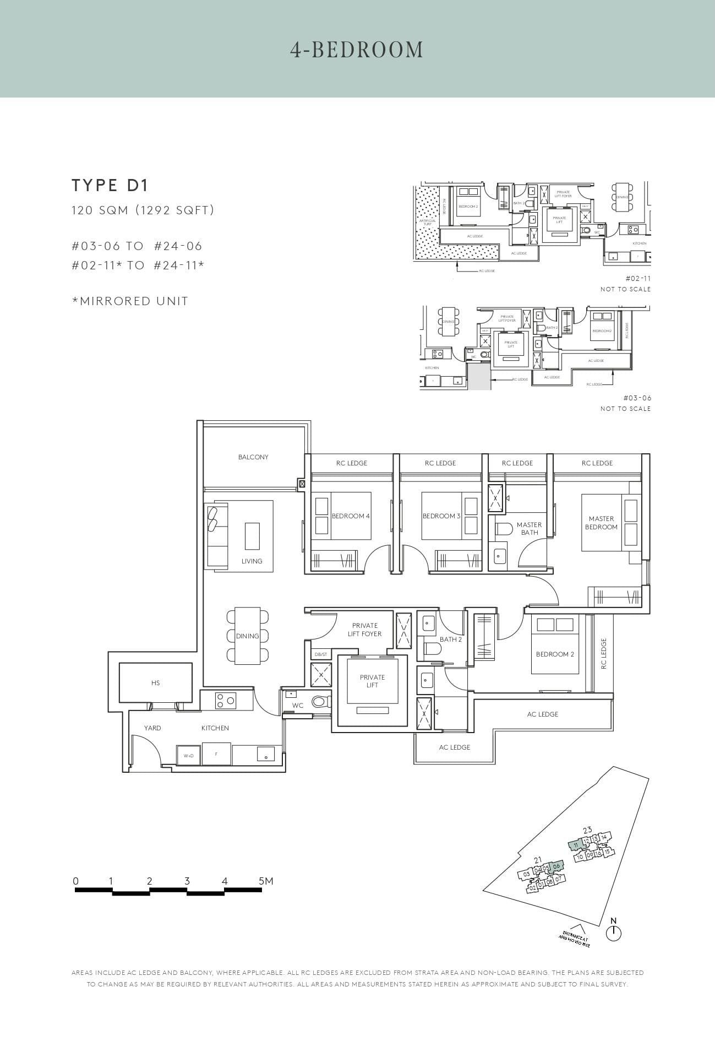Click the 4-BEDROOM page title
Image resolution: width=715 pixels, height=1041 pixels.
click(357, 50)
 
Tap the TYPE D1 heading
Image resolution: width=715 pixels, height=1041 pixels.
click(110, 186)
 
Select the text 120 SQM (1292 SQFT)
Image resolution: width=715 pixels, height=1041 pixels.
click(143, 210)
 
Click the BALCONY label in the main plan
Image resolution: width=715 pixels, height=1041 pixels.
click(253, 457)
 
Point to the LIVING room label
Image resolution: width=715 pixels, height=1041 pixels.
click(252, 561)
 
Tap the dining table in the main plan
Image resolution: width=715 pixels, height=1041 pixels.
click(248, 636)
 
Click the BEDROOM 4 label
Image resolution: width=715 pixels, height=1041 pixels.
click(351, 516)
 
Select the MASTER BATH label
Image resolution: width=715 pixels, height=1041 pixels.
click(529, 529)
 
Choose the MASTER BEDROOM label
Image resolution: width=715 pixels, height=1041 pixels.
click(601, 523)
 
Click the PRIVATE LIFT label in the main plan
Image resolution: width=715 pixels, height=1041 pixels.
click(372, 681)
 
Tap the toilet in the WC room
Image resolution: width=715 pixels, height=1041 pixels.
click(319, 702)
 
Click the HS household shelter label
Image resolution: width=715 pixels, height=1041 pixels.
click(155, 683)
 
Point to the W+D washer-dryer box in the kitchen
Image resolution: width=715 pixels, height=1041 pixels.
click(188, 756)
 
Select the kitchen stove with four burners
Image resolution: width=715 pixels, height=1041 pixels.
click(226, 701)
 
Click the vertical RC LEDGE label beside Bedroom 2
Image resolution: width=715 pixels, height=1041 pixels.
click(603, 654)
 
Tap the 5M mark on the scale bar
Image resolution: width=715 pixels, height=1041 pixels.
click(265, 881)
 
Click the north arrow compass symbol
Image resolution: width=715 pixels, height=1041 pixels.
click(613, 933)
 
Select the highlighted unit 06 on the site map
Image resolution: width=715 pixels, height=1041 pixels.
click(556, 866)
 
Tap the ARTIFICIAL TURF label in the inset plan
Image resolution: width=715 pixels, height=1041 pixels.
click(428, 223)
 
